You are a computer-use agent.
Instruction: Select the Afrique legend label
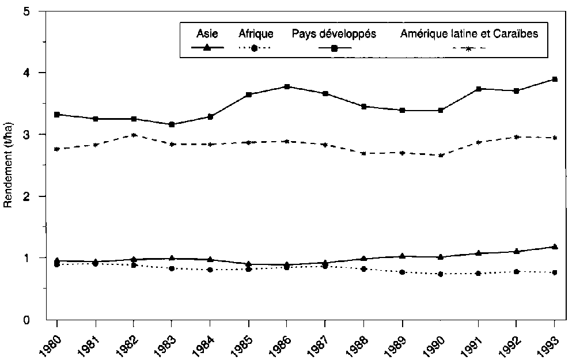click(256, 34)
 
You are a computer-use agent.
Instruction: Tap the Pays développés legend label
click(334, 34)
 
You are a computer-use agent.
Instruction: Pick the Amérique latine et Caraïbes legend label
click(469, 34)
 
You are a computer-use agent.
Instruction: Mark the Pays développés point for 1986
click(287, 87)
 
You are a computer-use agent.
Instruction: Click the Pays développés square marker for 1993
click(555, 79)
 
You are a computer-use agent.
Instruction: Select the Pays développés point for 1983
click(172, 124)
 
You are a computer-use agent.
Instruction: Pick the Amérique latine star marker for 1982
click(134, 135)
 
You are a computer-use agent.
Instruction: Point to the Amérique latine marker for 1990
click(440, 156)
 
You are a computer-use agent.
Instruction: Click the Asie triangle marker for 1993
click(555, 247)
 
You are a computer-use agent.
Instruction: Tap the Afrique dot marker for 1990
click(440, 274)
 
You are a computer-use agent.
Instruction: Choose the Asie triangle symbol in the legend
click(208, 48)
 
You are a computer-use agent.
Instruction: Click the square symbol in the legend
click(334, 48)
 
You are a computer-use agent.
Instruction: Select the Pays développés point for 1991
click(478, 89)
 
